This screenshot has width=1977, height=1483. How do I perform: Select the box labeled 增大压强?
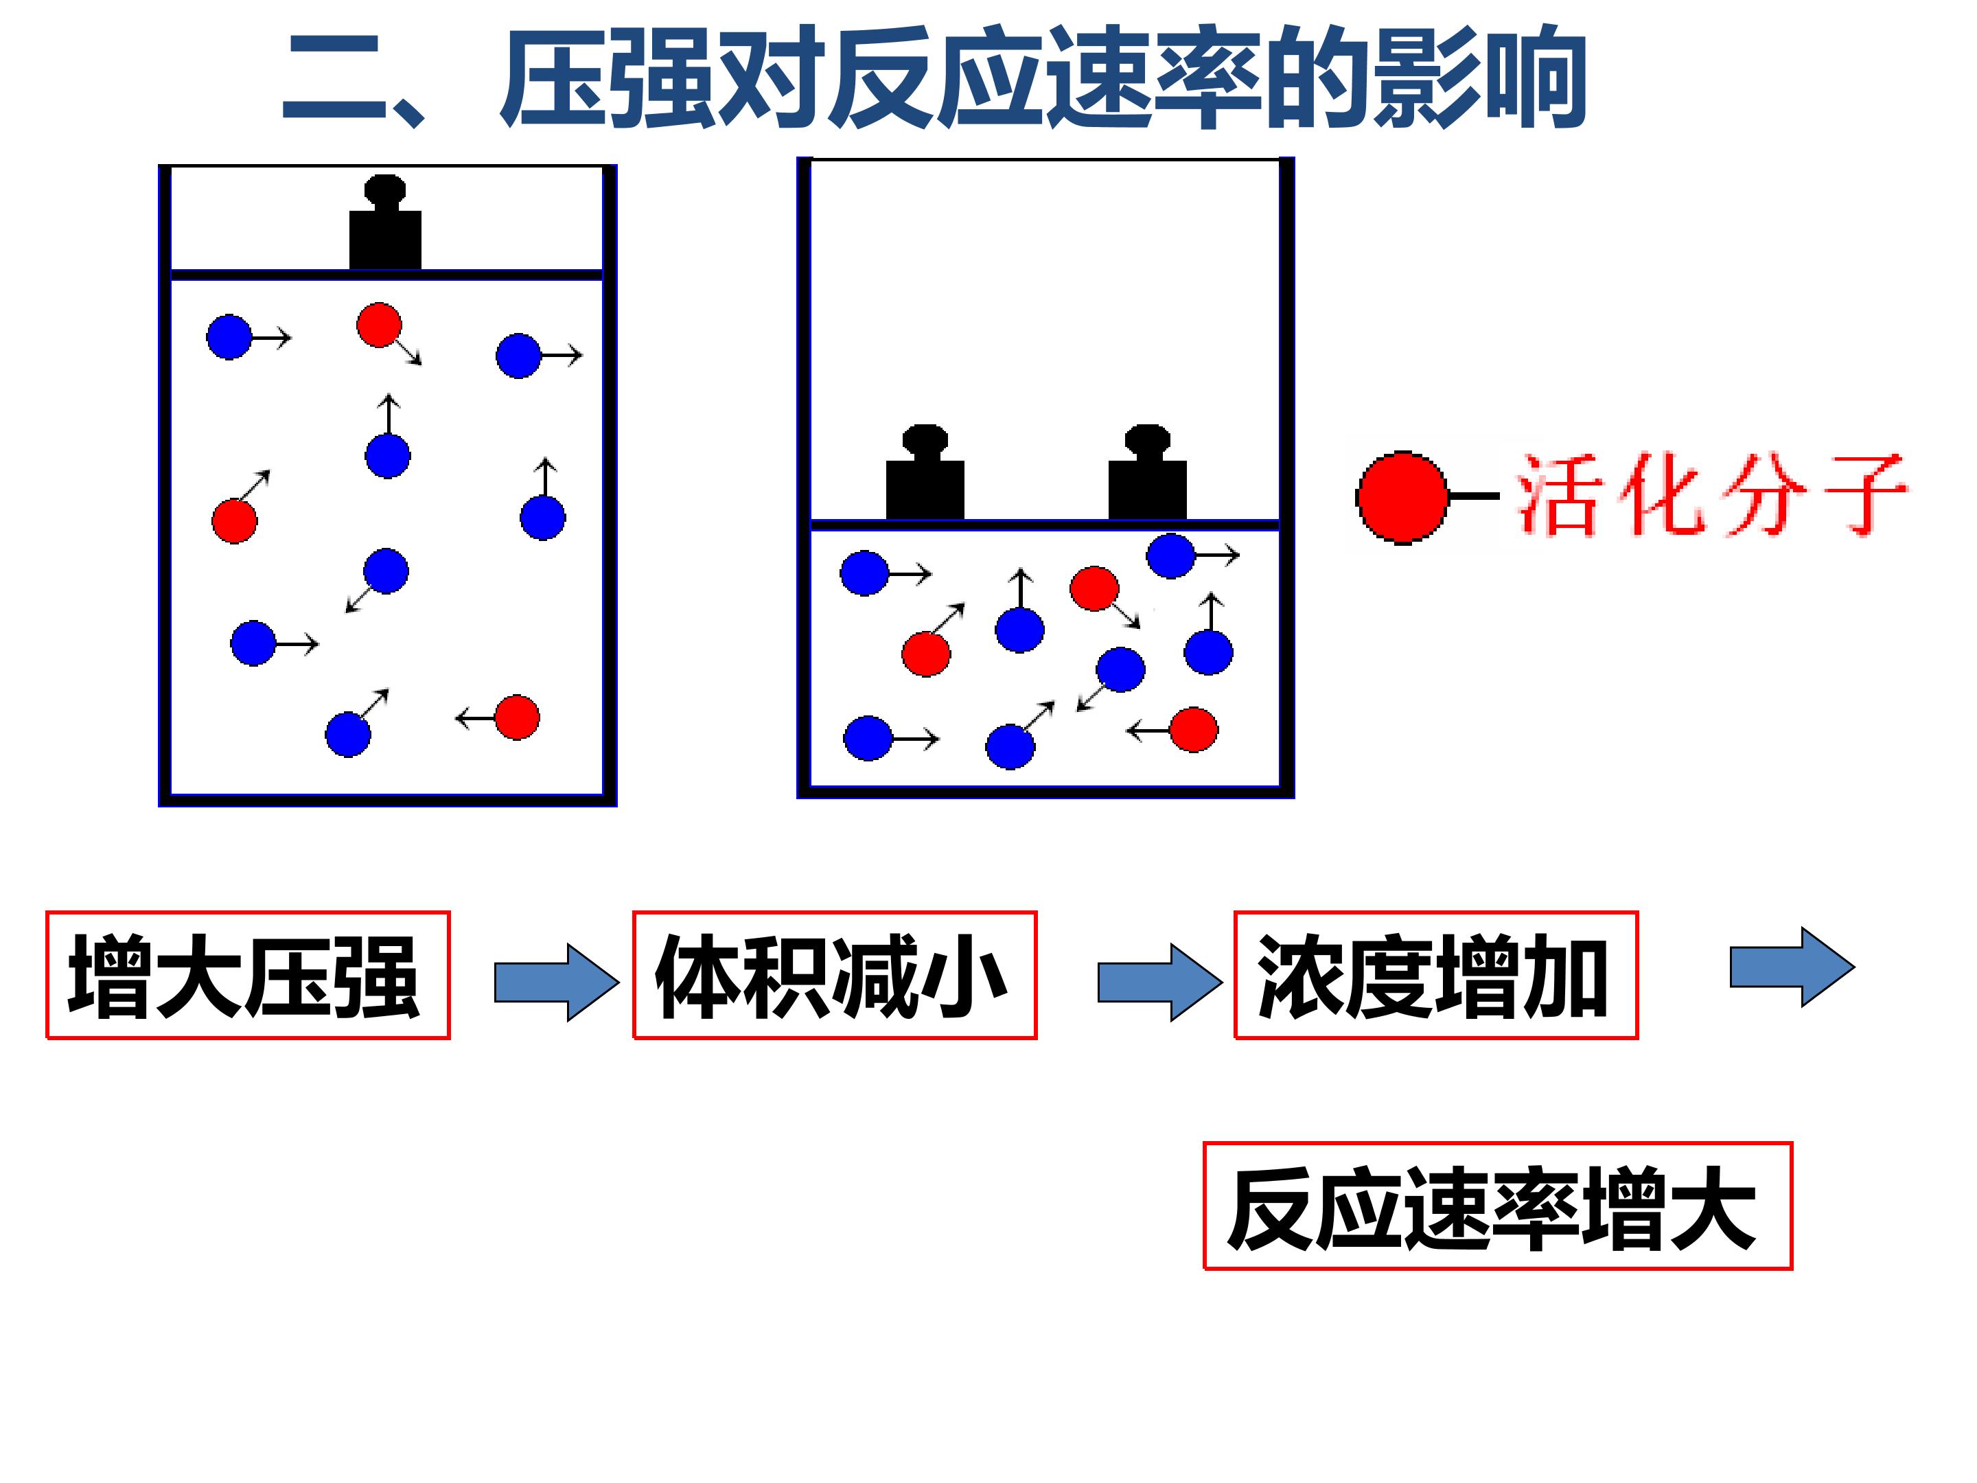tap(248, 975)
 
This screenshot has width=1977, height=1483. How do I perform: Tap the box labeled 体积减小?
tap(835, 975)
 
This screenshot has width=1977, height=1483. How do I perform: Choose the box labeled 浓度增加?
tap(1435, 975)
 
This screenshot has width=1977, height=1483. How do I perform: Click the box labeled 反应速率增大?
tap(1498, 1205)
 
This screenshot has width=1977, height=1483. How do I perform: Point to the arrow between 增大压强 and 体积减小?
tap(557, 982)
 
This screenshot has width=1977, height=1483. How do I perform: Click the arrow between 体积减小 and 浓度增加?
tap(1160, 982)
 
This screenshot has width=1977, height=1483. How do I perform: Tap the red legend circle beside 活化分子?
tap(1402, 497)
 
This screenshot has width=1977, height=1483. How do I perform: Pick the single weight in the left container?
tap(385, 222)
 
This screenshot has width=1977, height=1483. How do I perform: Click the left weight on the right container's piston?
tap(925, 471)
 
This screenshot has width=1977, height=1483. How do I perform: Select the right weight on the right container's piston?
tap(1148, 471)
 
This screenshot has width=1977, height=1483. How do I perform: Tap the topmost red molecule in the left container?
tap(379, 325)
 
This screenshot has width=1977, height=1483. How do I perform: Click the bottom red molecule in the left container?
tap(518, 717)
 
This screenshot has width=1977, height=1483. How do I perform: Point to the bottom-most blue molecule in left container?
tap(347, 735)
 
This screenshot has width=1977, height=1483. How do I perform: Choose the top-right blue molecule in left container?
tap(518, 356)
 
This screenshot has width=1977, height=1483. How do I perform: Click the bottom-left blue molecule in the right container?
tap(868, 738)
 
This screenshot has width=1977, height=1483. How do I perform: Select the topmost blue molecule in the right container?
tap(1171, 555)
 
